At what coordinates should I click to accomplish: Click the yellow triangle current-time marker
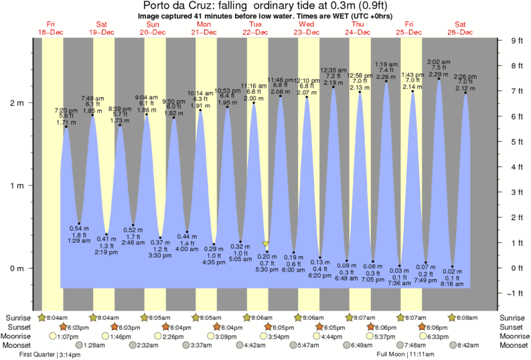coord(266,245)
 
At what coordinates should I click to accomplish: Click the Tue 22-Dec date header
coord(255,28)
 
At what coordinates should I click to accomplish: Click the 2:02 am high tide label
coord(439,61)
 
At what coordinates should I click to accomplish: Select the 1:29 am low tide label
coord(79,240)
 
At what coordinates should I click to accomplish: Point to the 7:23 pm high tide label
coord(66,110)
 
